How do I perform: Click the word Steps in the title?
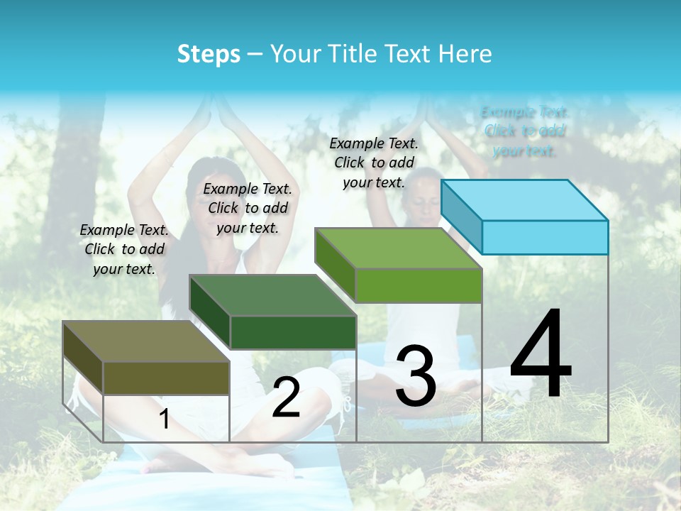[209, 54]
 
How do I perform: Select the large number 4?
[541, 354]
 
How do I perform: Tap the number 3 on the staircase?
[416, 377]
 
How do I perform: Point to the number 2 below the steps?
[286, 397]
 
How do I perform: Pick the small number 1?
[164, 419]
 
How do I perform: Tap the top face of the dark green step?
[273, 295]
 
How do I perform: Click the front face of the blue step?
[545, 237]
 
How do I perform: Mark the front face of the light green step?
[419, 286]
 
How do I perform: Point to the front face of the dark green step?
[293, 332]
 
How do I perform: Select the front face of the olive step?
[166, 378]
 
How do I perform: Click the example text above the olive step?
[124, 250]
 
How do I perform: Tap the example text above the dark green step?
[248, 208]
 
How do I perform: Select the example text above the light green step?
[374, 163]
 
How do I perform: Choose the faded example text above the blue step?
[525, 131]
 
